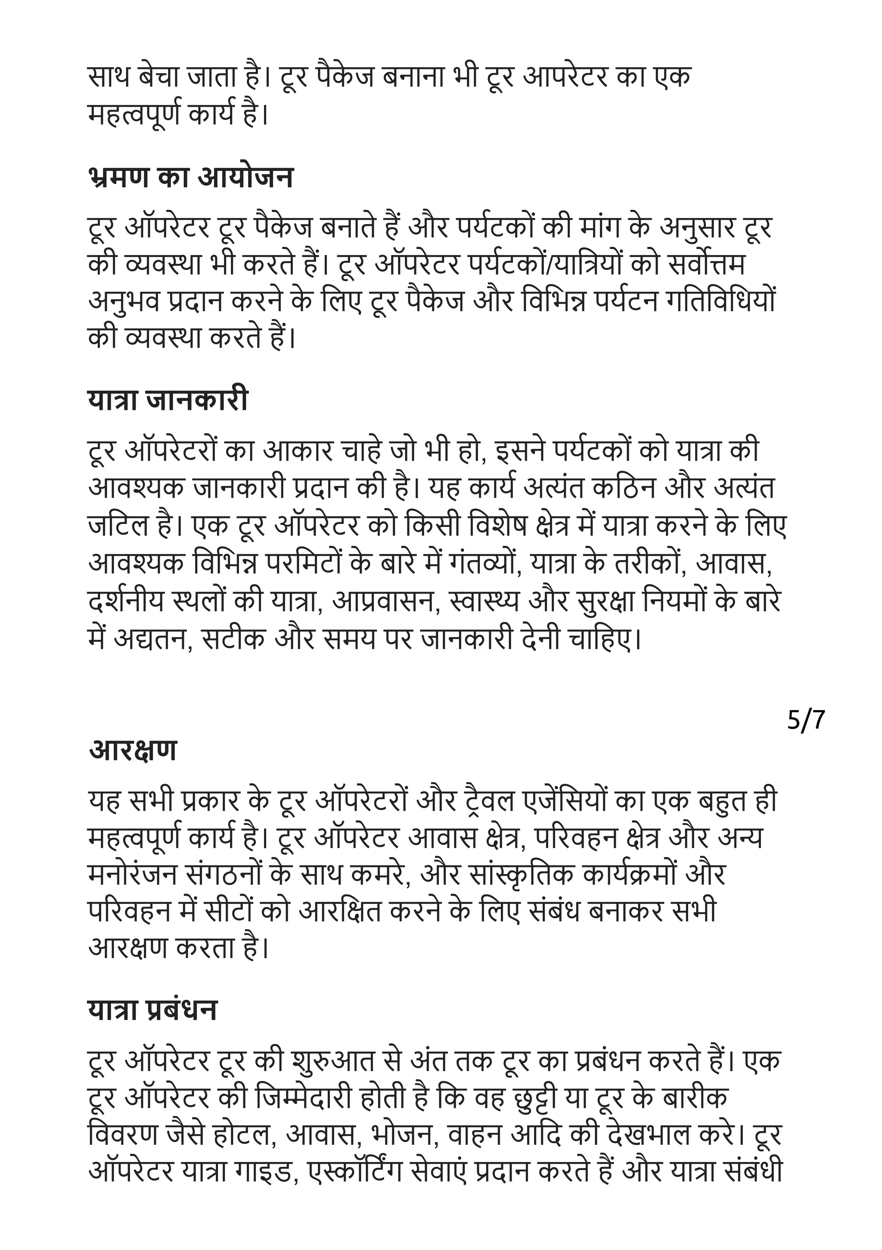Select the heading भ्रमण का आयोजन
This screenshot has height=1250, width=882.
point(190,178)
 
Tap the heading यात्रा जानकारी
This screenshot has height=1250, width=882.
point(168,400)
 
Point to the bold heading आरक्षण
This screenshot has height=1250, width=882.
point(133,750)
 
